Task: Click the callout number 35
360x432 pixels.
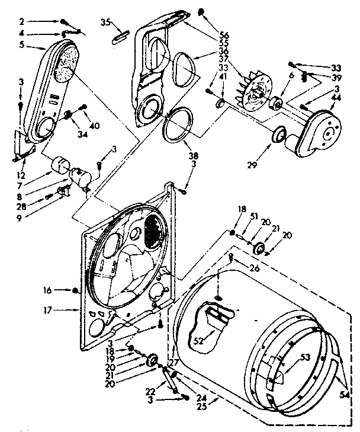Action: click(105, 23)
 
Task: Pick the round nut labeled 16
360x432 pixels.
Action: click(75, 290)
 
